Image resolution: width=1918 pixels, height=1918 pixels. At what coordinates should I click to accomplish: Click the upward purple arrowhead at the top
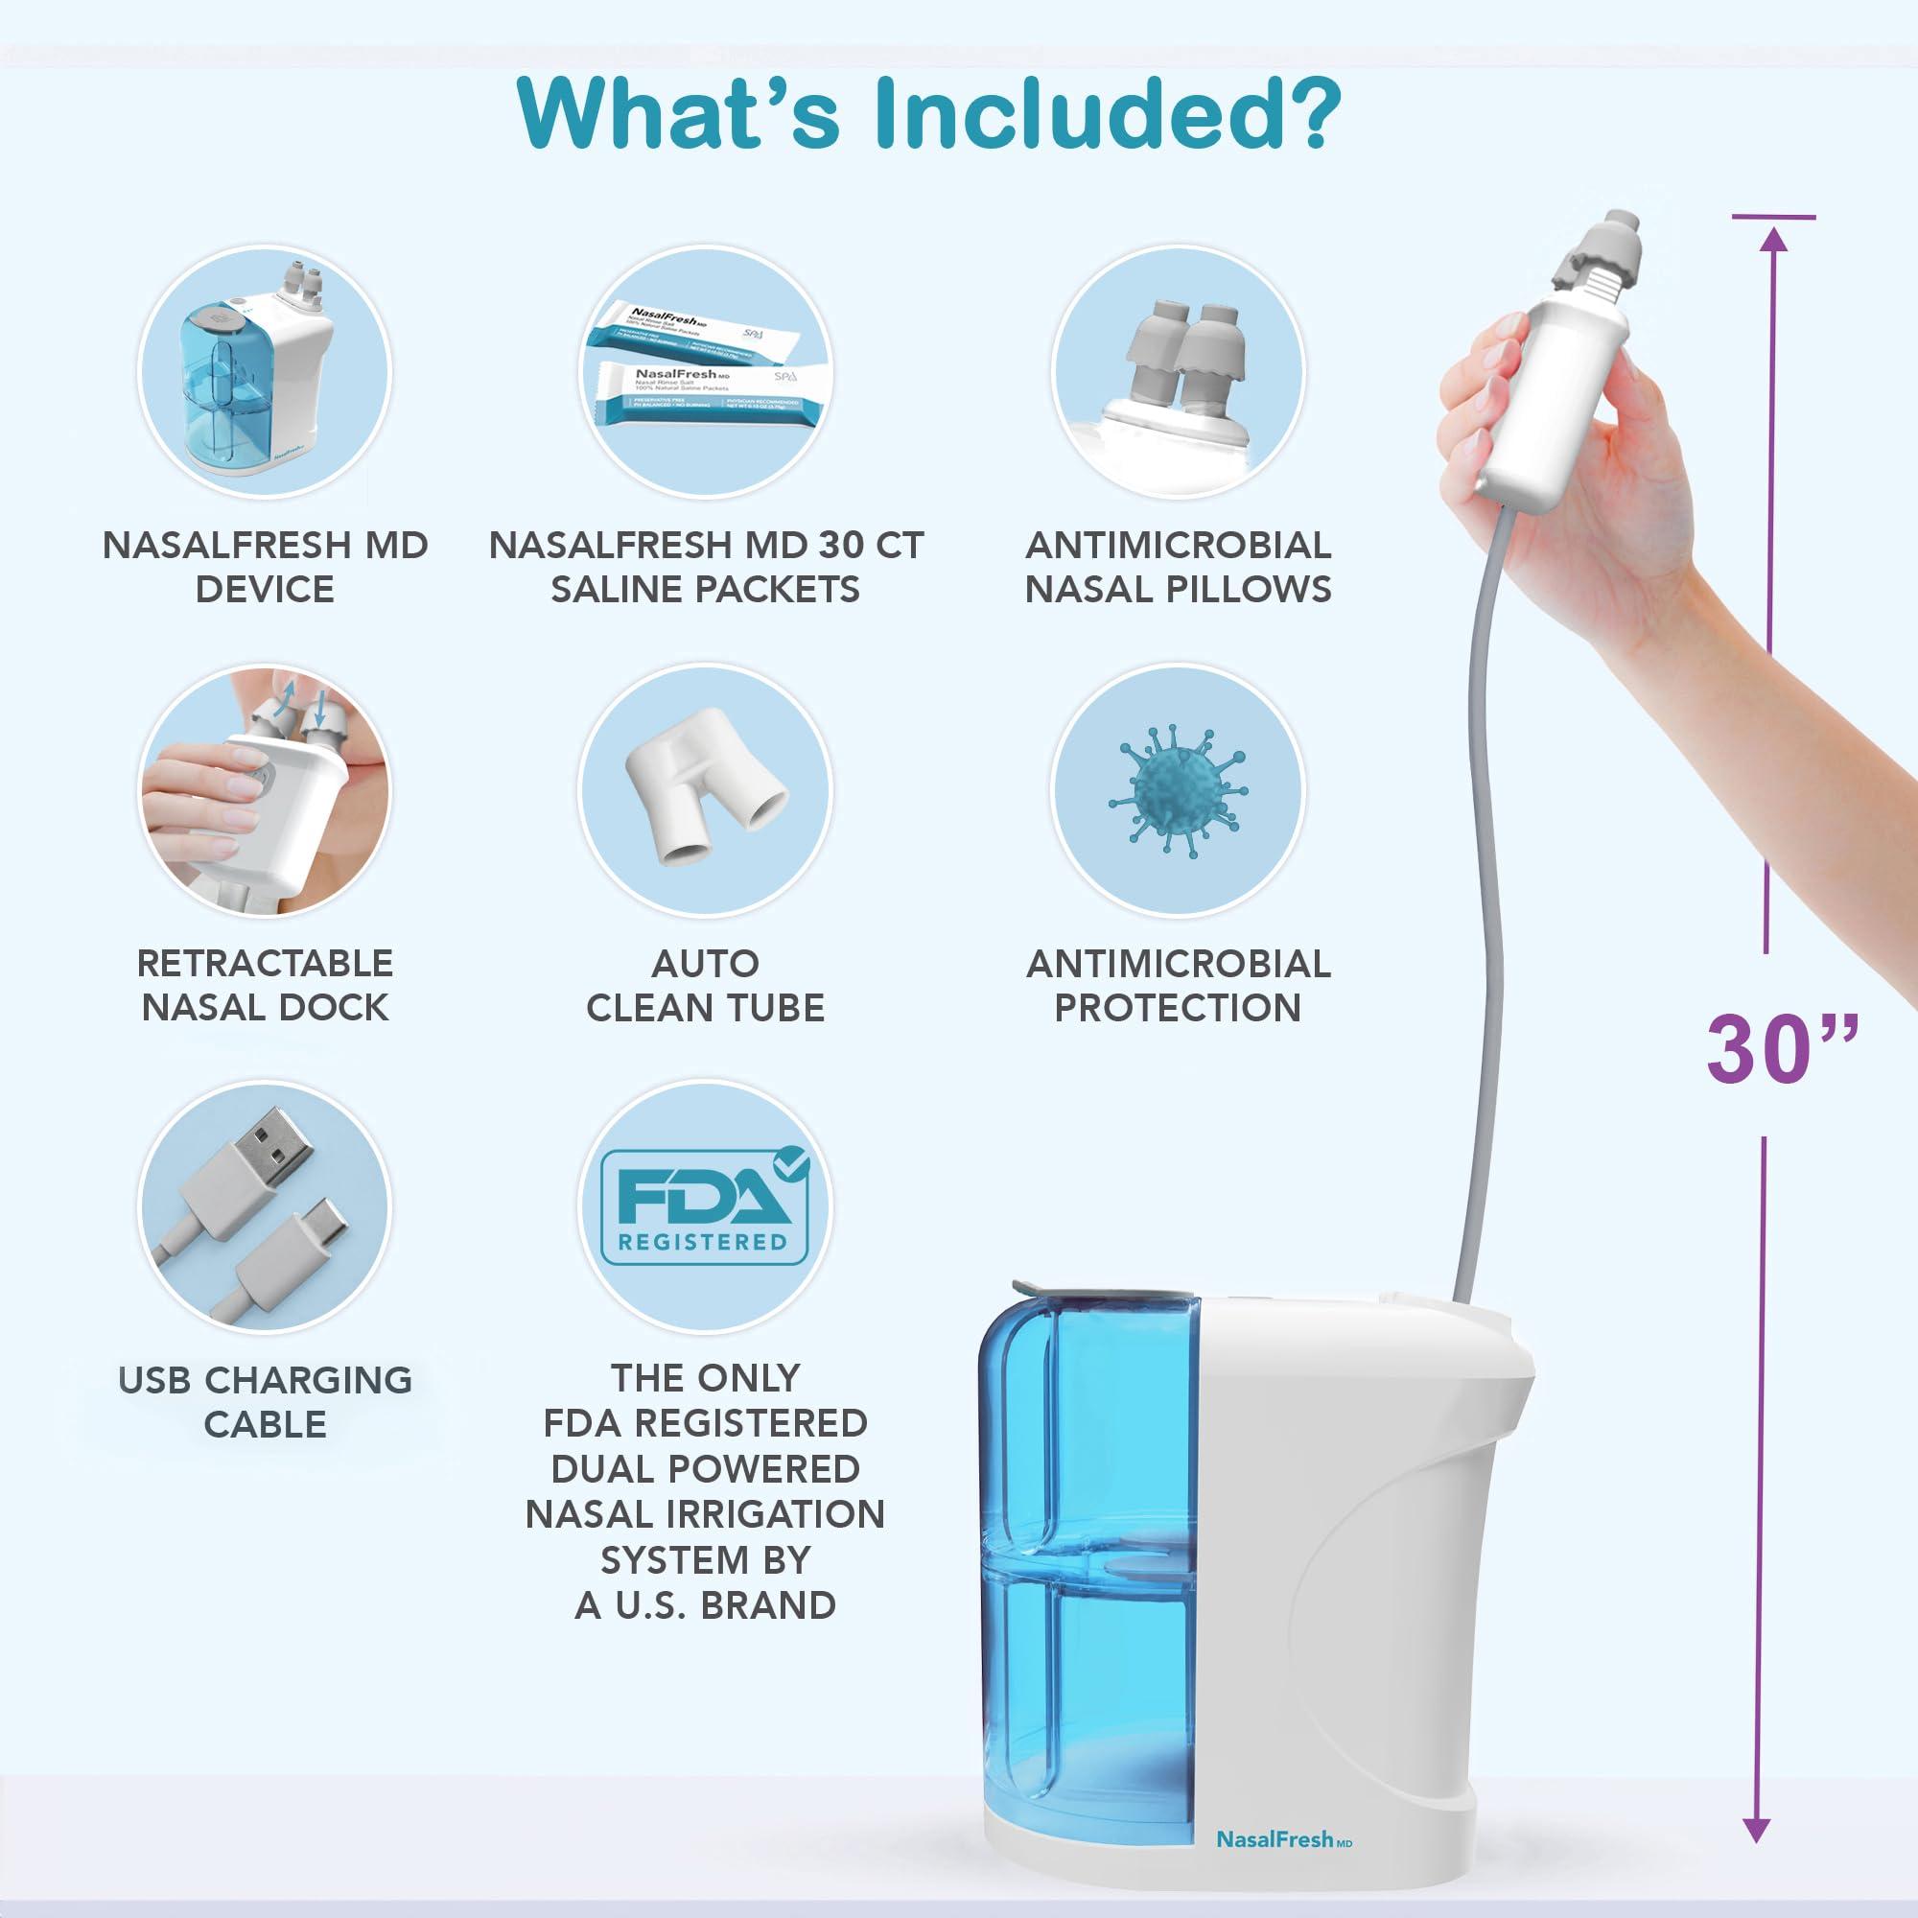click(1774, 238)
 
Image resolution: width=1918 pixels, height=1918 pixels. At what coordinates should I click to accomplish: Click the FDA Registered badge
click(705, 1205)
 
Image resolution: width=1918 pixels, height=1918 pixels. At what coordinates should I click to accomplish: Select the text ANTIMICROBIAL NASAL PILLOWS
click(1178, 566)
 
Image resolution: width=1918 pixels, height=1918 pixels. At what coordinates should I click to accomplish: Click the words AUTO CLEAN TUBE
click(705, 985)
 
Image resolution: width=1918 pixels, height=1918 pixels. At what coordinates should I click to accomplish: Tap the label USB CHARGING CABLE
click(265, 1401)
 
